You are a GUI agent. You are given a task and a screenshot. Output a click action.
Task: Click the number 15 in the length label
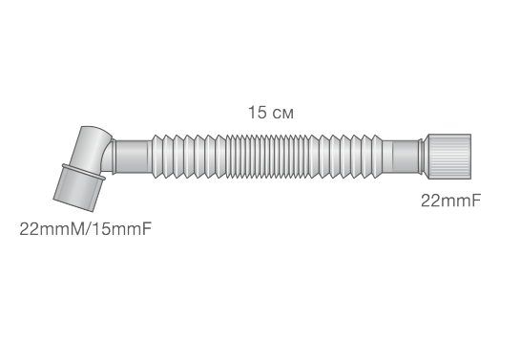(258, 113)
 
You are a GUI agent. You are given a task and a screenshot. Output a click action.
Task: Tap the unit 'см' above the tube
(282, 114)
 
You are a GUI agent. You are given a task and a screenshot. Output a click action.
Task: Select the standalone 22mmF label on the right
(450, 201)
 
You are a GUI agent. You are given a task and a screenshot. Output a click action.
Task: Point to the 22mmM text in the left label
(52, 229)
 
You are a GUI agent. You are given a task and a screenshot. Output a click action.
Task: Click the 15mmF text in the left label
(121, 229)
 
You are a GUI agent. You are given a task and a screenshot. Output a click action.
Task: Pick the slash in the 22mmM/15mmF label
(88, 229)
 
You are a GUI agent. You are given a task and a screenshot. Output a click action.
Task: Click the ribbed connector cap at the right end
(448, 157)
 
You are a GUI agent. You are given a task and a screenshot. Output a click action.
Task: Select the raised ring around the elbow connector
(83, 172)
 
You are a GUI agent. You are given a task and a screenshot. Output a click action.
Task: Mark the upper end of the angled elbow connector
(95, 130)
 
